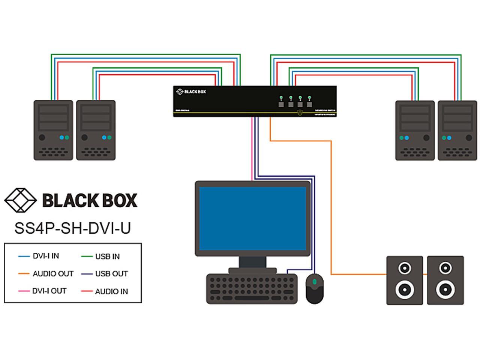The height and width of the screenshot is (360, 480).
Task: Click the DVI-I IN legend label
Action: tap(46, 256)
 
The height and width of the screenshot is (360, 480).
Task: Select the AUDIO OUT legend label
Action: tap(53, 274)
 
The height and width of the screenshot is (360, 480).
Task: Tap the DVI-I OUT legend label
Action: tap(49, 291)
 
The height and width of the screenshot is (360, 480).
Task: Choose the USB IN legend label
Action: tap(107, 256)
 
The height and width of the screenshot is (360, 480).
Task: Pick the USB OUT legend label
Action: tap(111, 274)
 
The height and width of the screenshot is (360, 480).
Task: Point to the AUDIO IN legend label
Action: tap(111, 291)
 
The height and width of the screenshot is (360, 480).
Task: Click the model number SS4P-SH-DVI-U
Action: tap(72, 228)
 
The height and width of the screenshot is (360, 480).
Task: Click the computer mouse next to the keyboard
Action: tap(315, 288)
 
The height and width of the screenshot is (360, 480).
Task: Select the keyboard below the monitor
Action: tap(252, 288)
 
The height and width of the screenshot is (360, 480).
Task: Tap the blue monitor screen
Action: tap(252, 218)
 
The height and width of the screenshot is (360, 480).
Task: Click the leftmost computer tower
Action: tap(53, 130)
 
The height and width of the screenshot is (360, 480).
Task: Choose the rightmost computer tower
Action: tap(457, 130)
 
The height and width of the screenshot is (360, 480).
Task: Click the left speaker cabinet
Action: tap(405, 280)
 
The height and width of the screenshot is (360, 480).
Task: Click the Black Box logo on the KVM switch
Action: tap(191, 91)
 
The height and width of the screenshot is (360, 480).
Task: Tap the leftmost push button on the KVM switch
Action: tap(281, 104)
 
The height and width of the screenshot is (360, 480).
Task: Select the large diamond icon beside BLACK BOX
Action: tap(20, 200)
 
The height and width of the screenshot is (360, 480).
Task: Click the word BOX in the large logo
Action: tap(119, 200)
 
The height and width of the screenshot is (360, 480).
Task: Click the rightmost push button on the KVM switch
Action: tap(309, 104)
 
